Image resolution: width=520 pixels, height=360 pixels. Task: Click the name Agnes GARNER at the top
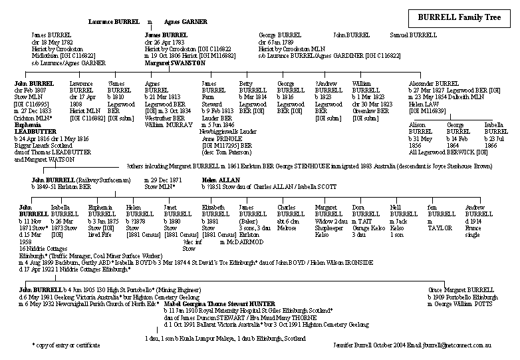[186, 22]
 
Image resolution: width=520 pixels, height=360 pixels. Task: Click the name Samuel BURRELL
[414, 35]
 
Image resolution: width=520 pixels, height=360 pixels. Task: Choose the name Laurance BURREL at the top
[114, 22]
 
